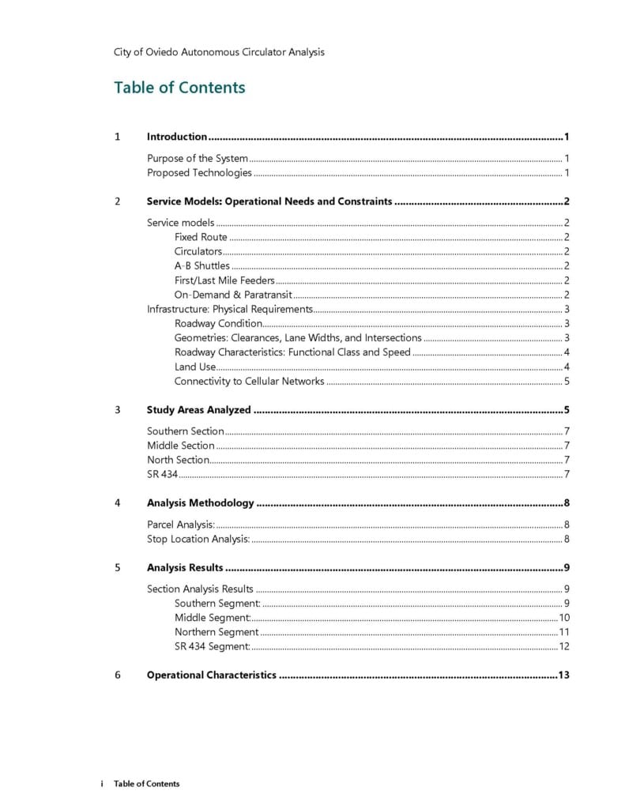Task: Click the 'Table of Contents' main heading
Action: [x=179, y=88]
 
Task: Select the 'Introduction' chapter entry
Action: [x=177, y=137]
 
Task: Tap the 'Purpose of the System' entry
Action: [x=198, y=158]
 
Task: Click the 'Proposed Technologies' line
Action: [x=199, y=172]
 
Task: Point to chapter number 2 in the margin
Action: [x=117, y=201]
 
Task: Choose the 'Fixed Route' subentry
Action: [x=201, y=237]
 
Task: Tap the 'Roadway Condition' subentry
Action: [x=218, y=323]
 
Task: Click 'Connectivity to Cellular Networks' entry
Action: [x=249, y=381]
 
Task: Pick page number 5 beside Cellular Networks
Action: [x=567, y=381]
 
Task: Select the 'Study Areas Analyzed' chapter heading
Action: [x=198, y=410]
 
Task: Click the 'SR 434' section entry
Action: [x=162, y=474]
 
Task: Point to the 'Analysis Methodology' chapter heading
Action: [x=200, y=503]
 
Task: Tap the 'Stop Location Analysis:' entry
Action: [x=198, y=539]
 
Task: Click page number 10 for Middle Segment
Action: [x=564, y=618]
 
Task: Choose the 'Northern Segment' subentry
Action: [x=216, y=632]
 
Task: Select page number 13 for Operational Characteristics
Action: [x=563, y=675]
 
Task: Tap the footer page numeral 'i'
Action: [x=102, y=784]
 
